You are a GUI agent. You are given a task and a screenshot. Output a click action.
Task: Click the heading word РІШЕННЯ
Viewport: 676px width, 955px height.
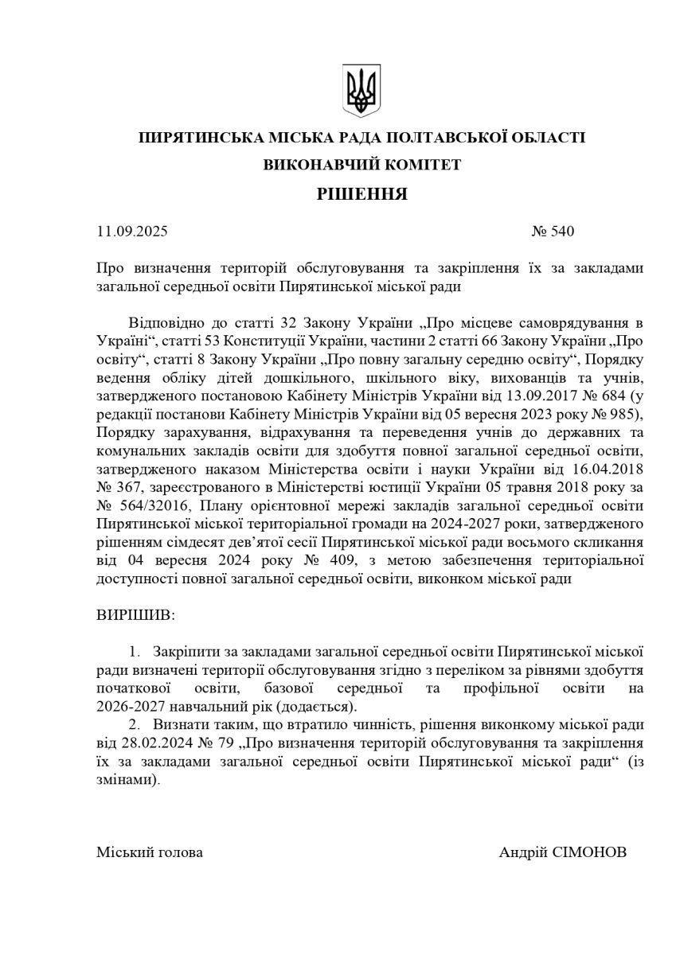362,193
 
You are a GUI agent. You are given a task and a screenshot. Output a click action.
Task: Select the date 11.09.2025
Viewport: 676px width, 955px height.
132,232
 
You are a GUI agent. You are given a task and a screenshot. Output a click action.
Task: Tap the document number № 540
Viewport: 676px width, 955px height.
552,232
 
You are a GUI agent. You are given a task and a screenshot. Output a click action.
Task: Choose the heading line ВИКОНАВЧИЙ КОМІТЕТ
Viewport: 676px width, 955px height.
362,165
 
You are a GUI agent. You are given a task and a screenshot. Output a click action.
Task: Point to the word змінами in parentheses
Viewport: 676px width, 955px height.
123,781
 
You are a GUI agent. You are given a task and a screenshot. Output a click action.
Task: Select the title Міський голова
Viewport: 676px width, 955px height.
149,852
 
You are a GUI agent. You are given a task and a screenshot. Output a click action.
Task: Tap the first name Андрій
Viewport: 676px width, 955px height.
524,852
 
